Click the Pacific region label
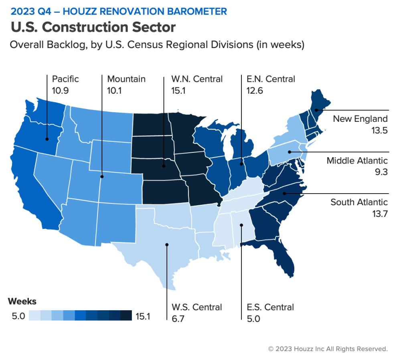(65, 79)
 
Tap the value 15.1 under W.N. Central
(178, 91)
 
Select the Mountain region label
(126, 79)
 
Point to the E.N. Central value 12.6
(255, 91)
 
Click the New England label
(360, 119)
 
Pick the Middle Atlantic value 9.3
(381, 172)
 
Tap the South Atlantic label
(359, 202)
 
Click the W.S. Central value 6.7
(178, 319)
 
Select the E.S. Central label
(270, 307)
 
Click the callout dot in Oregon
(47, 139)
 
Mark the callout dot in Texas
(167, 245)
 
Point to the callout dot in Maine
(316, 110)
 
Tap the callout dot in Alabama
(241, 225)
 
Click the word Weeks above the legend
(22, 301)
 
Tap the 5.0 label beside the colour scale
(18, 316)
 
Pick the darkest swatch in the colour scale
(126, 316)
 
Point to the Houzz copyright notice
(328, 349)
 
